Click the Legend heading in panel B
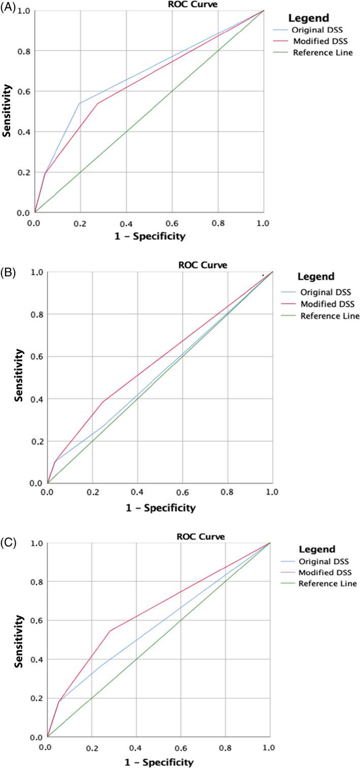point(316,277)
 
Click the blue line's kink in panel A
point(80,103)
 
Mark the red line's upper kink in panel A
point(97,103)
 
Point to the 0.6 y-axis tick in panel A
point(24,91)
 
